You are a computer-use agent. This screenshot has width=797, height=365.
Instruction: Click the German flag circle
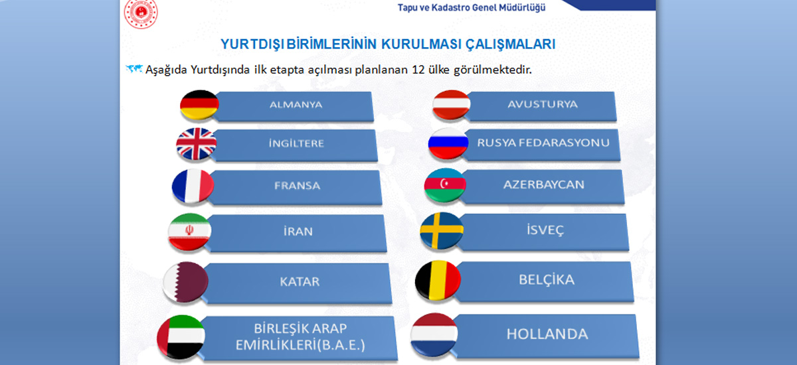coord(199,104)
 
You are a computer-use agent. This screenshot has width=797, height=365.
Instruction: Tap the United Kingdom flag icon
coord(196,144)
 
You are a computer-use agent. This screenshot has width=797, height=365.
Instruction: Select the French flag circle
coord(193,186)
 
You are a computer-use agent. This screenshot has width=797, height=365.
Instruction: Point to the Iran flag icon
coord(190,232)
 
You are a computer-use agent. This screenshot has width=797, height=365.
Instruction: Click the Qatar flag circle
coord(185,282)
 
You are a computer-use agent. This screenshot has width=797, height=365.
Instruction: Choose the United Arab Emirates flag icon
coord(181,337)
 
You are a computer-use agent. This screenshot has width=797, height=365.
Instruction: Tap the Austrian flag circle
coord(451,104)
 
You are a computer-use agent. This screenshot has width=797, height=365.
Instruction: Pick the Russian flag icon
coord(448,143)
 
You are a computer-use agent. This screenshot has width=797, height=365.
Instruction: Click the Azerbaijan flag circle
coord(445,185)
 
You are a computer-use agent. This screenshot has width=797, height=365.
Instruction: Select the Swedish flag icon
coord(442,231)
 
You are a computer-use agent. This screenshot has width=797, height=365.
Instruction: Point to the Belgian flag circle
coord(438,281)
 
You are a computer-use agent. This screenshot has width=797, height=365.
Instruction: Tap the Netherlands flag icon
coord(434,334)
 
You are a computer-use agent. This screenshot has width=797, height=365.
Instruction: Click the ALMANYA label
coord(296,104)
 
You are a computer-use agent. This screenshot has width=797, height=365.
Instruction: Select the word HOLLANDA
coord(547,334)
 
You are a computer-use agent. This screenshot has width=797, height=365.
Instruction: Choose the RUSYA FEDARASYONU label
coord(543,143)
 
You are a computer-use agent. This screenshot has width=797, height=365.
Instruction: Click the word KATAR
coord(300,281)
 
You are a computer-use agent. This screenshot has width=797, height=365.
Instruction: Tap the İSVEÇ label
coord(545,230)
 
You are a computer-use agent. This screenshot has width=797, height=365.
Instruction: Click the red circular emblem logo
coord(141,13)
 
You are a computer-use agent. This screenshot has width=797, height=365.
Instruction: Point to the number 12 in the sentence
coord(418,70)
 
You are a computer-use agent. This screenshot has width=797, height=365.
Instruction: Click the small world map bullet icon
coord(134,68)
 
